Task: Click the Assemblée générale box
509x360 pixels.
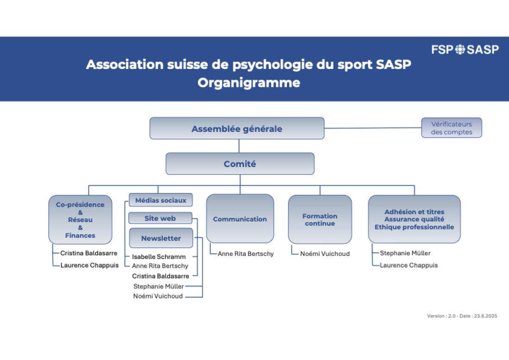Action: click(237, 129)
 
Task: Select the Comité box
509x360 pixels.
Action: click(240, 164)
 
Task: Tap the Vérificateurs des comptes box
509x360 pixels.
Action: click(452, 128)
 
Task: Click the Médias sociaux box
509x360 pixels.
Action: click(161, 200)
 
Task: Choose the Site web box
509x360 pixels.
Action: click(161, 218)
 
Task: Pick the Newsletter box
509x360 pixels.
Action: click(161, 238)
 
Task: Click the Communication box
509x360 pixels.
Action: click(240, 218)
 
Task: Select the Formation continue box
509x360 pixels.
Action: click(320, 219)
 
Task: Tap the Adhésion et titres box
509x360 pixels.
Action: click(414, 219)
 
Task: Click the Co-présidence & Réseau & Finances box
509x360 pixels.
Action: click(80, 220)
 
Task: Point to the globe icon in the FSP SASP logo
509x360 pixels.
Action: click(460, 50)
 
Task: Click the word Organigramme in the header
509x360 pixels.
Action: click(249, 83)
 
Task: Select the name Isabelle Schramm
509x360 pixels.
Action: click(159, 257)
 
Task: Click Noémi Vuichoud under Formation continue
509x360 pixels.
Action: click(325, 254)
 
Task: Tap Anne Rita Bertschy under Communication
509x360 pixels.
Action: click(246, 254)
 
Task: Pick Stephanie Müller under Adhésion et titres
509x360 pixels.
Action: click(405, 253)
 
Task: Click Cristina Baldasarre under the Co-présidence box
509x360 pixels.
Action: click(89, 253)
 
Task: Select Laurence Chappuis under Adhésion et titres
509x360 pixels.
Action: click(409, 266)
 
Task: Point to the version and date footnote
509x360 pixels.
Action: click(462, 316)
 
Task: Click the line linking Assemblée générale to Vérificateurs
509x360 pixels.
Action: click(372, 128)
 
